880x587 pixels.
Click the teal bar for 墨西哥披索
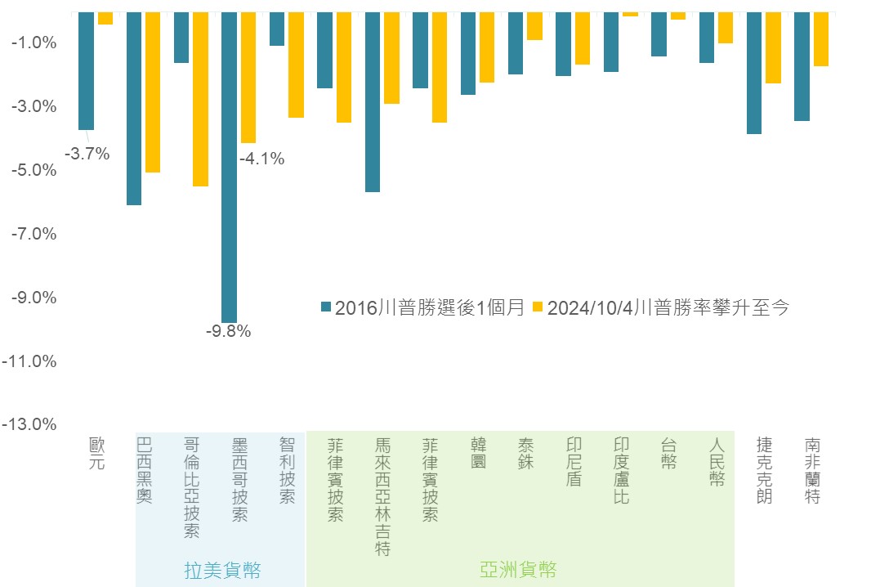229,167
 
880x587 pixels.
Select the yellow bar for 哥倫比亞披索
200,99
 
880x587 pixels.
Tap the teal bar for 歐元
86,70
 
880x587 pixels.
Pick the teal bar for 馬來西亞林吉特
373,101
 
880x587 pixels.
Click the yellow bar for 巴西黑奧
153,92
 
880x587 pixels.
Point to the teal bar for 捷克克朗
753,73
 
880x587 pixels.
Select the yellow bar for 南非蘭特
820,38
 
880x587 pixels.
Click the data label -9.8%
229,331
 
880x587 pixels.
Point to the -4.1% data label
262,159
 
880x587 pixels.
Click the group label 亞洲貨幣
520,569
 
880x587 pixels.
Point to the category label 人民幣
717,461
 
